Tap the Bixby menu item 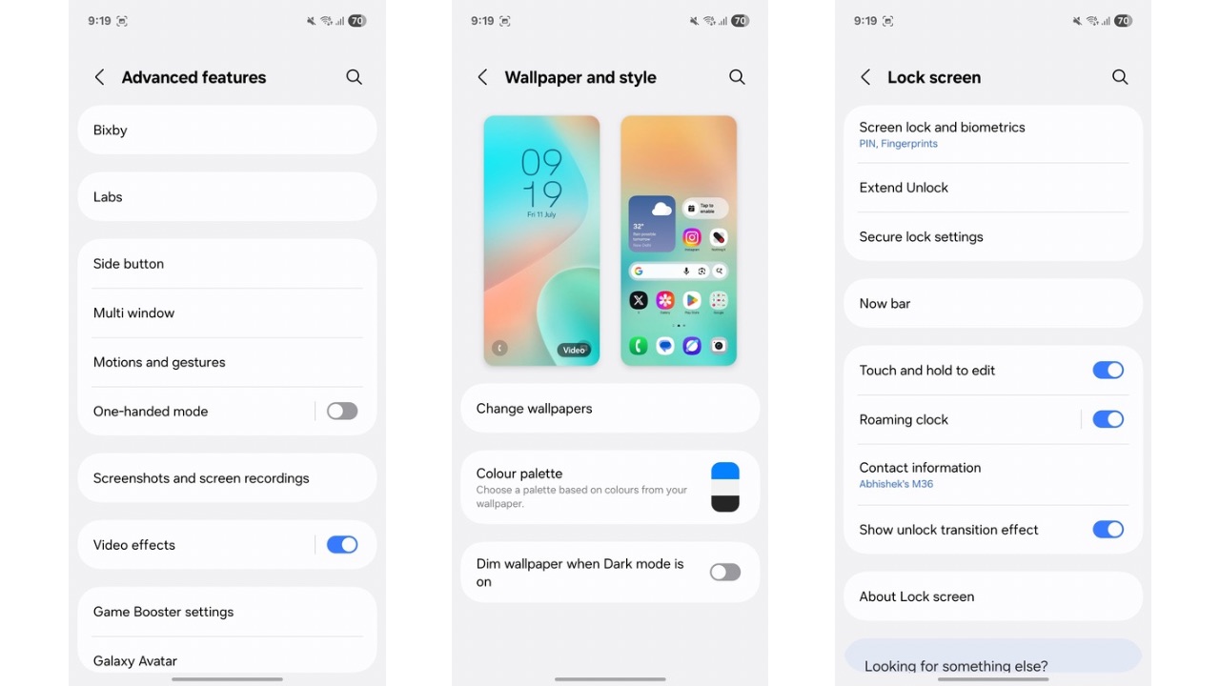point(227,131)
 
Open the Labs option point(227,197)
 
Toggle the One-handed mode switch point(342,412)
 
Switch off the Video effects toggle point(342,545)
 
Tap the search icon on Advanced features point(354,77)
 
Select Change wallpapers point(610,409)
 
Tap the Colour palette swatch point(725,487)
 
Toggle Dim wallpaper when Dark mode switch point(725,572)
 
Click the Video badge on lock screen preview point(574,350)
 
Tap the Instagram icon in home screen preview point(692,237)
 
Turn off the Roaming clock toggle point(1108,419)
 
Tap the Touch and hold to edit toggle point(1108,371)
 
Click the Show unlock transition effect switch point(1108,530)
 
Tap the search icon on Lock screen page point(1120,77)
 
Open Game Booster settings point(227,612)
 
